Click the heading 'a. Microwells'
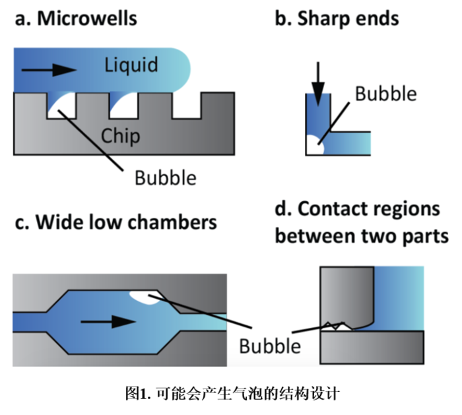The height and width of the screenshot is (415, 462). pos(76,18)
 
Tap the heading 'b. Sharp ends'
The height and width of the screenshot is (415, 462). pos(337,18)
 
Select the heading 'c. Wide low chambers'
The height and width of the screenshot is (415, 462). pos(115,222)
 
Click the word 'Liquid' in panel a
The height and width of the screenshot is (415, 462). pos(131,65)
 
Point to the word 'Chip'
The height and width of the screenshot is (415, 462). pos(120,136)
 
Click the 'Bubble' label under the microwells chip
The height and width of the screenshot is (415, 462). pos(165,177)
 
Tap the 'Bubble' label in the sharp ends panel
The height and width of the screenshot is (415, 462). pos(386,94)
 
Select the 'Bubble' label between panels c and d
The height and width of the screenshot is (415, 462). pos(270,345)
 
